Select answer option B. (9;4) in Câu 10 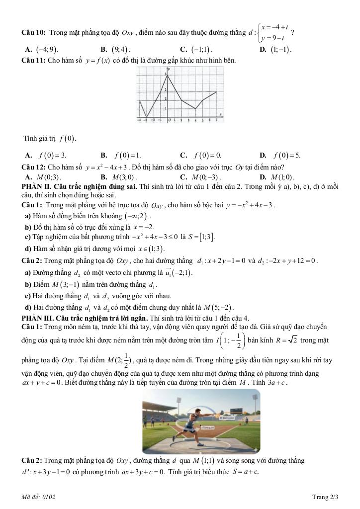point(116,50)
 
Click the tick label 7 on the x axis point(216,120)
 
